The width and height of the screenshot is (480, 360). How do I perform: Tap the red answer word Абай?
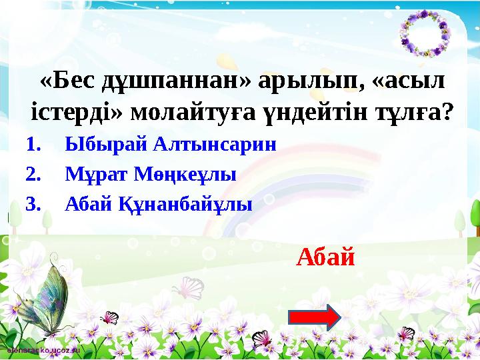coord(325,255)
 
